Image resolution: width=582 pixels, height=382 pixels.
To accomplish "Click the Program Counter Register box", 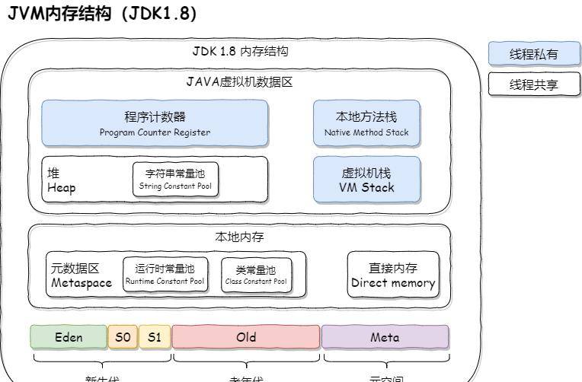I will click(x=155, y=123).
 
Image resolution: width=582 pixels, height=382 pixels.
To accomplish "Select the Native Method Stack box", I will click(x=366, y=123).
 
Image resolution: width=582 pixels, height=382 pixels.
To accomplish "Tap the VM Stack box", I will click(x=366, y=180).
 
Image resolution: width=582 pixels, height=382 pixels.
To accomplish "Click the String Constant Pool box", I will click(x=175, y=180).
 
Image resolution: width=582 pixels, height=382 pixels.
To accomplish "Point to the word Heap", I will click(x=62, y=188).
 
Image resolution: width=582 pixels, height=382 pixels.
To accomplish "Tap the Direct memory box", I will click(x=393, y=275).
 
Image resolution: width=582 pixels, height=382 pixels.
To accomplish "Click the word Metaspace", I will click(x=82, y=283).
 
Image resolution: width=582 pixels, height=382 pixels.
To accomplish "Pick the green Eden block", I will click(x=69, y=337).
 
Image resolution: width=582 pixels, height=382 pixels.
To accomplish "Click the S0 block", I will click(x=123, y=337).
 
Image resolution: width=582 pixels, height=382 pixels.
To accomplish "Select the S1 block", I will click(x=155, y=337).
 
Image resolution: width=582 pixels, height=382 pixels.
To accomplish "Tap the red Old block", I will click(x=246, y=337).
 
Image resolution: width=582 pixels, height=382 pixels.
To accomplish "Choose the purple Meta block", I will click(x=385, y=337).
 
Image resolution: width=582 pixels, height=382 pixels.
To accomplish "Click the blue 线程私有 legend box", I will click(x=533, y=54).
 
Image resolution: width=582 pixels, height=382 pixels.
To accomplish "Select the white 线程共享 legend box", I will click(x=533, y=84).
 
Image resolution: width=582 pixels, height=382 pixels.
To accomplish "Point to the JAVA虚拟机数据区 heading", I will click(x=239, y=82).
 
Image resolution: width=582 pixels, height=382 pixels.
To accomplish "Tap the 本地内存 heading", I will click(x=239, y=237).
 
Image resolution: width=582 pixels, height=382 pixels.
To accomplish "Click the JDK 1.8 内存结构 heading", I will click(x=239, y=52).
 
